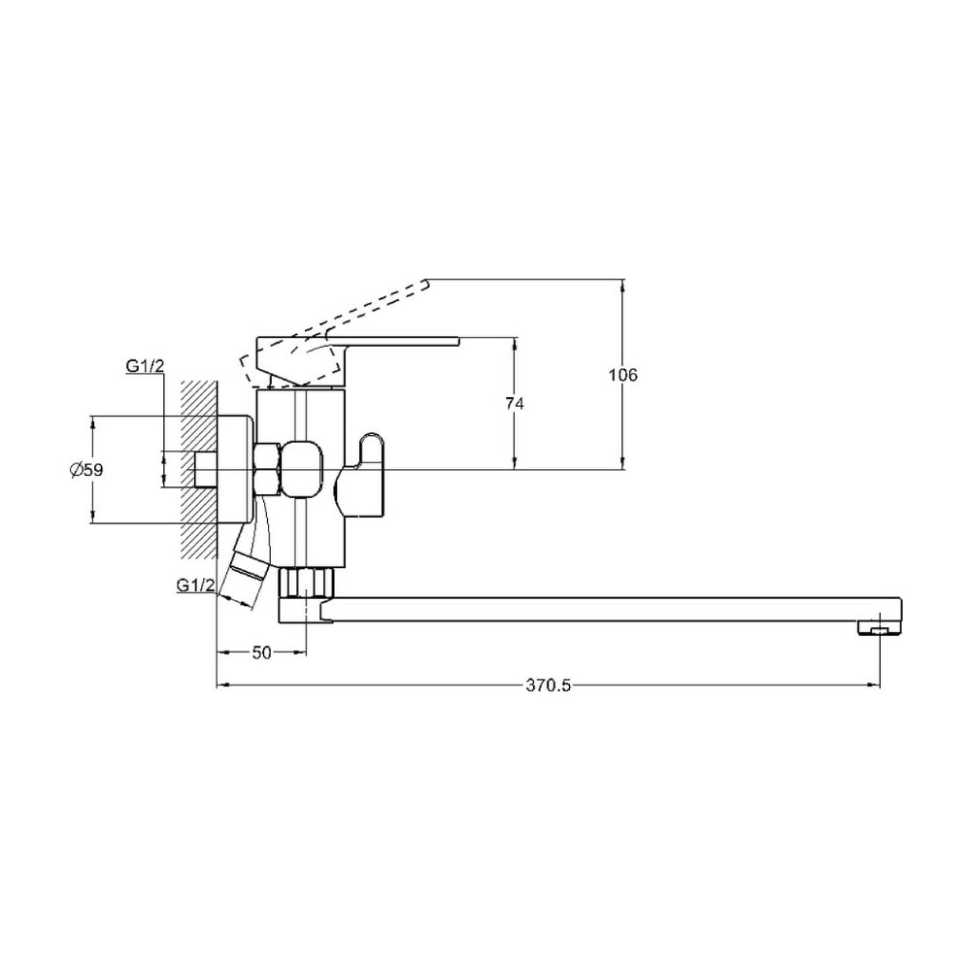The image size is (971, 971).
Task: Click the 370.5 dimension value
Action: (549, 686)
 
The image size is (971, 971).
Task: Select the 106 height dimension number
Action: (623, 375)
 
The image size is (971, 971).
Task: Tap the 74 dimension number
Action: (515, 404)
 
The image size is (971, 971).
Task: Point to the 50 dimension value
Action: (262, 653)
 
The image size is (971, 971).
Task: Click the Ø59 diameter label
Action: (86, 470)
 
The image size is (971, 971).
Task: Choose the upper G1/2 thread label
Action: (146, 366)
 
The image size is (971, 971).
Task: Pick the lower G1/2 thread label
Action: (196, 585)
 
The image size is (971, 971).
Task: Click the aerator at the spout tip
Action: (880, 628)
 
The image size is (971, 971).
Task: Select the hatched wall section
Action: (199, 469)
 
